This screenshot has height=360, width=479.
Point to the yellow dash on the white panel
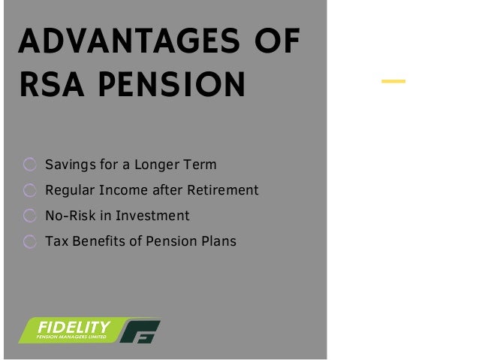tap(393, 80)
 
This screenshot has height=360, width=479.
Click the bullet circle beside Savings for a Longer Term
tap(29, 165)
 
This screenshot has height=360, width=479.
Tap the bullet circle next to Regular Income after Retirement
tap(29, 191)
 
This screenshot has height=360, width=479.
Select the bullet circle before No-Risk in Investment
tap(29, 216)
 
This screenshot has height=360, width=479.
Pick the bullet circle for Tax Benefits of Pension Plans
tap(29, 242)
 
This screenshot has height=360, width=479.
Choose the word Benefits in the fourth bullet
tap(101, 241)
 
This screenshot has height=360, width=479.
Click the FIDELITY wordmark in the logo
tap(74, 328)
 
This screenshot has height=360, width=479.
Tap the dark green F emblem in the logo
tap(141, 331)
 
